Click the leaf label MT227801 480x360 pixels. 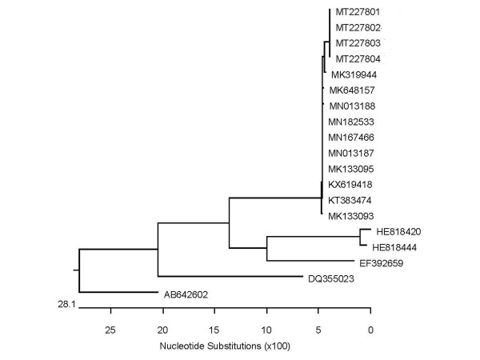[x=358, y=12]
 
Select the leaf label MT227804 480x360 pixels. [x=358, y=58]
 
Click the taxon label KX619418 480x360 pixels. [x=351, y=184]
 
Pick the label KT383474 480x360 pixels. [x=351, y=200]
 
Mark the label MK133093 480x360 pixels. [x=351, y=216]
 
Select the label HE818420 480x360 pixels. [x=398, y=231]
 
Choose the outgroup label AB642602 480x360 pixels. [x=187, y=294]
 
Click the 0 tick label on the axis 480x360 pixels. [x=370, y=329]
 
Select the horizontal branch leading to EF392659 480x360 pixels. [x=318, y=261]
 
